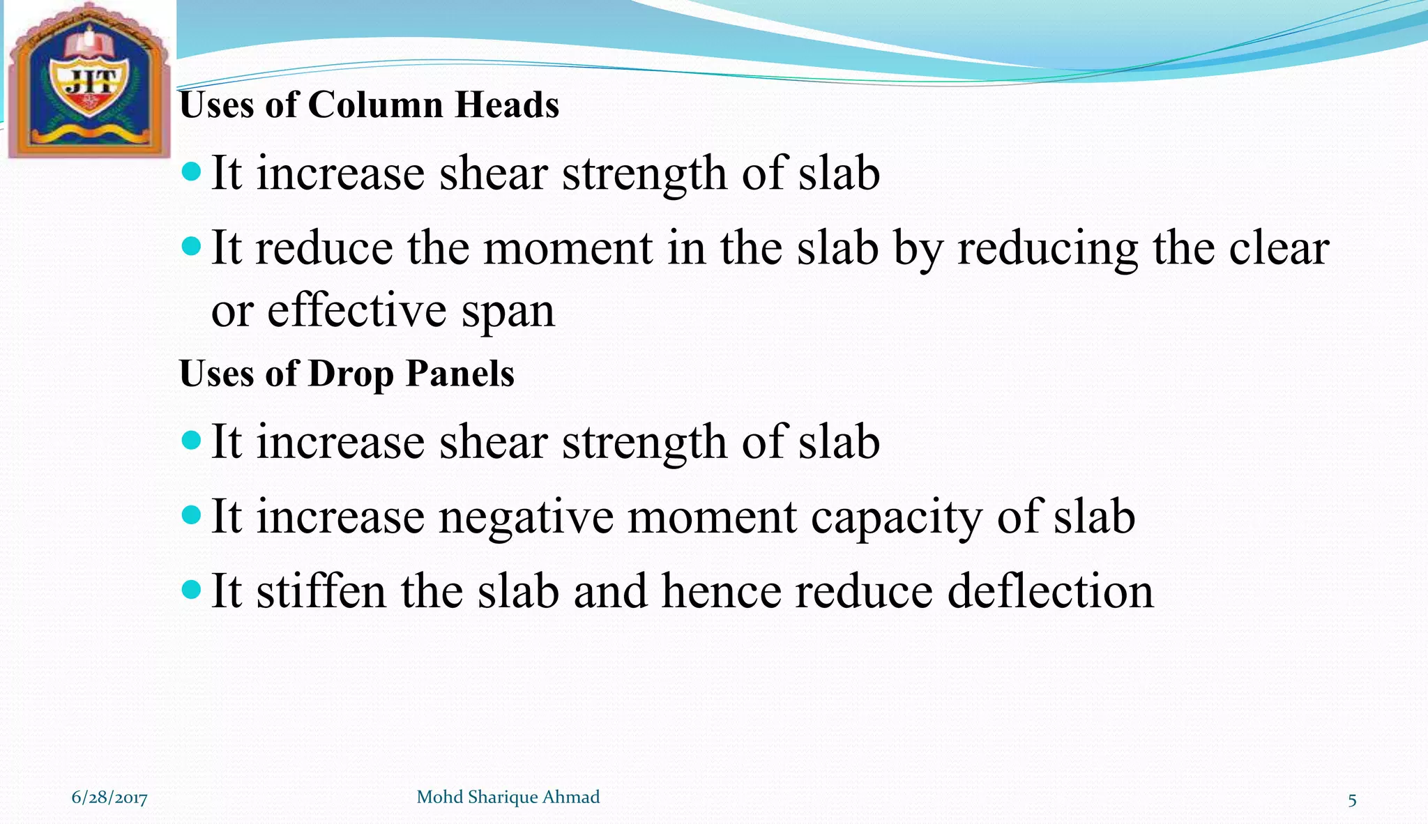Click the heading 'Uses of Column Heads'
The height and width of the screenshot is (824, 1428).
369,105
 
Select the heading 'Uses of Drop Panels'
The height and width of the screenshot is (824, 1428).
347,374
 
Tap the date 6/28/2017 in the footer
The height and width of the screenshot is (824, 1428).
109,798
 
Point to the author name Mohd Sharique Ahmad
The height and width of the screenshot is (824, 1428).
508,797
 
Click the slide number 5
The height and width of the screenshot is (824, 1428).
1352,800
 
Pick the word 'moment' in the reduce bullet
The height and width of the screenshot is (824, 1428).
568,248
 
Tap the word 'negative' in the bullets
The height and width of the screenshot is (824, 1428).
526,517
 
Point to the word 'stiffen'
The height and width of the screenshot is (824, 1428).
321,591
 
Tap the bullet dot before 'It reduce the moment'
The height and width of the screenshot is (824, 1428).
190,246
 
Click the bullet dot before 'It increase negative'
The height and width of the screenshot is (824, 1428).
190,515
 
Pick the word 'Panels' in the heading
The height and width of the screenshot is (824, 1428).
460,374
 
